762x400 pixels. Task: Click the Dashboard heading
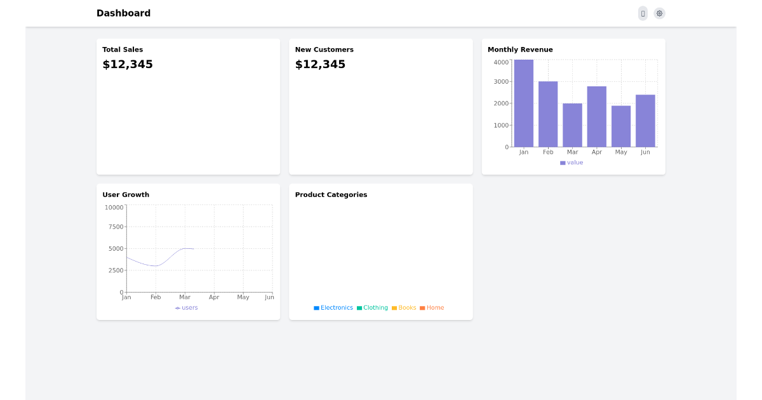[x=123, y=13]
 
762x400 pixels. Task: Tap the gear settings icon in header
[x=659, y=13]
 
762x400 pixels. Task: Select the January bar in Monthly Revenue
[x=524, y=103]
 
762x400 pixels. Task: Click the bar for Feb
[x=548, y=114]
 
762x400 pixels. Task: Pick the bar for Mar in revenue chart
[x=572, y=125]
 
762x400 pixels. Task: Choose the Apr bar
[x=597, y=117]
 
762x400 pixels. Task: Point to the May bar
[x=621, y=126]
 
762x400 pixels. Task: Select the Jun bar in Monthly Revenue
[x=645, y=121]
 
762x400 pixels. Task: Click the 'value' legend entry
[x=571, y=163]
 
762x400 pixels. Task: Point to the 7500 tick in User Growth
[x=116, y=227]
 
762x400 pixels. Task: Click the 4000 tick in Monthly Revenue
[x=501, y=62]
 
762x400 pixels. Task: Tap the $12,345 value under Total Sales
[x=128, y=64]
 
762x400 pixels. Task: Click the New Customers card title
[x=324, y=50]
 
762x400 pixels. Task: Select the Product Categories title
[x=331, y=195]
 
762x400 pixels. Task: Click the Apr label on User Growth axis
[x=214, y=297]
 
